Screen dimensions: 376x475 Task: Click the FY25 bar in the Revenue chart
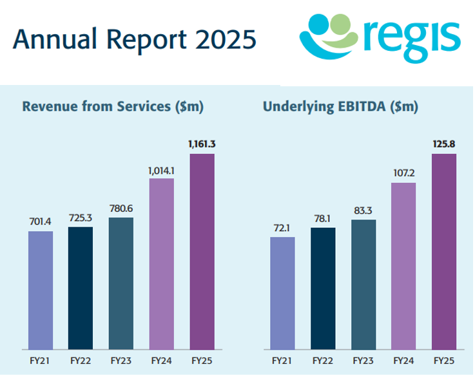click(202, 251)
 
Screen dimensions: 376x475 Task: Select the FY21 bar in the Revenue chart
click(40, 290)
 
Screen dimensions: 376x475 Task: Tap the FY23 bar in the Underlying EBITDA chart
click(363, 284)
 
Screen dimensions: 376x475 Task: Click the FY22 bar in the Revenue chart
click(81, 287)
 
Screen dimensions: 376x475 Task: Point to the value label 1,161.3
click(202, 144)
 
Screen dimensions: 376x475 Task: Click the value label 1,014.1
click(161, 169)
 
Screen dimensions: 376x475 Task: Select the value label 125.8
click(443, 144)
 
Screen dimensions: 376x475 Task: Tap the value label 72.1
click(282, 228)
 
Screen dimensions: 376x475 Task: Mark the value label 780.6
click(121, 209)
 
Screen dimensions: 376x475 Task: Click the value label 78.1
click(322, 218)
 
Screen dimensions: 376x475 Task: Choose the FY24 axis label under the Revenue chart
click(161, 360)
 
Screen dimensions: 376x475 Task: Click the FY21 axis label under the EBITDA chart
click(282, 360)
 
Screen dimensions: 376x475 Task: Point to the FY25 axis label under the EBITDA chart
click(443, 360)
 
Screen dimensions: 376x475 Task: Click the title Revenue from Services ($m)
click(113, 107)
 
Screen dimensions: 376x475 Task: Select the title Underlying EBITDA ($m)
click(340, 107)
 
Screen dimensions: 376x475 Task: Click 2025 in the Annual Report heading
click(225, 39)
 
